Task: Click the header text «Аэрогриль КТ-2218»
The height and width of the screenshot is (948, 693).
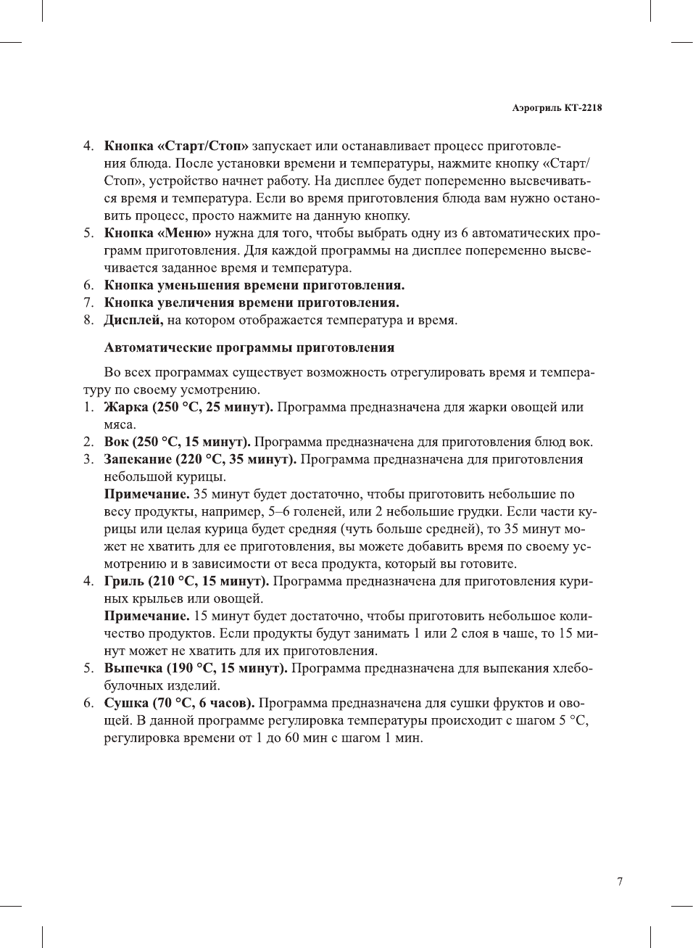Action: coord(557,108)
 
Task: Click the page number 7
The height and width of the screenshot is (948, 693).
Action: coord(620,882)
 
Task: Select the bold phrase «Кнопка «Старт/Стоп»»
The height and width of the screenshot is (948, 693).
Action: coord(176,147)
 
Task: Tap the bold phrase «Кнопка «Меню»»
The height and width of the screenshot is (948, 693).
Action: coord(157,234)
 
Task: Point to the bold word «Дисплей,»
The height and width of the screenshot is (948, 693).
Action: coord(133,321)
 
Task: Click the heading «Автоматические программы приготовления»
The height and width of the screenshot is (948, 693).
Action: coord(249,348)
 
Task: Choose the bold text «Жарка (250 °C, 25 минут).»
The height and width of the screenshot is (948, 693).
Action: coord(188,408)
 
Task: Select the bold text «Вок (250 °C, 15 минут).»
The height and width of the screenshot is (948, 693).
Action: coord(177,442)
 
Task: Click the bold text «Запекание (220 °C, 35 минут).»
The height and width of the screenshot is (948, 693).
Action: coord(200,460)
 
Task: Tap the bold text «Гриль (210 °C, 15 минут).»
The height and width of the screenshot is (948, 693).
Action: coord(186,582)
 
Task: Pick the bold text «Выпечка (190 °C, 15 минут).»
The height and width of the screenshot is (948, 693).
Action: coord(196,669)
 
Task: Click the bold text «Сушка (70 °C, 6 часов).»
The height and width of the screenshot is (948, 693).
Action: coord(179,704)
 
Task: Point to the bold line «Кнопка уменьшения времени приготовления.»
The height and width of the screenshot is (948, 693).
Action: coord(254,286)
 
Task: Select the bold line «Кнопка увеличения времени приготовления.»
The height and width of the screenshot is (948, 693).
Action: coord(252,303)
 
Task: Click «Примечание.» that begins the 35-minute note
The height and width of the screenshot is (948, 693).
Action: coord(146,495)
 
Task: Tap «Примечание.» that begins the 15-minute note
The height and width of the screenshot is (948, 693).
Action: coord(146,617)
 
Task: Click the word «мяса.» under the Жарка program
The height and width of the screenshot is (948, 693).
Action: coord(120,425)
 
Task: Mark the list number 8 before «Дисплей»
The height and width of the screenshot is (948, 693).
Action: coord(88,321)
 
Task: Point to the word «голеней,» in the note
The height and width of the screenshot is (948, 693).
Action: coord(315,512)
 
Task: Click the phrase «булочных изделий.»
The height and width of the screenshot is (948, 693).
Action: coord(162,686)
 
